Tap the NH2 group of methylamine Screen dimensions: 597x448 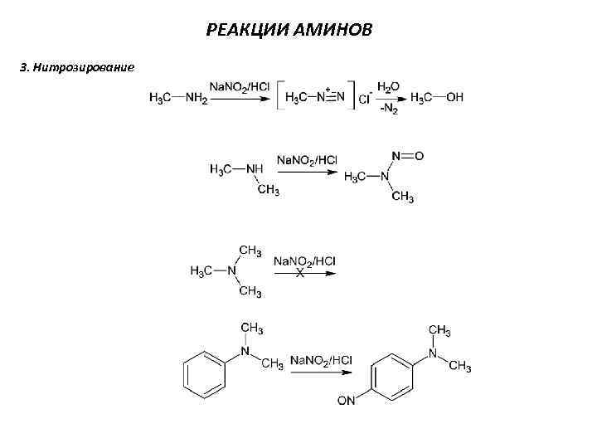[x=197, y=98]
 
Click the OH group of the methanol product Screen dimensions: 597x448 [x=454, y=98]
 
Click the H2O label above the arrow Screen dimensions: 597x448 [x=388, y=86]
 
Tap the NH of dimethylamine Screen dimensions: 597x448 [x=255, y=169]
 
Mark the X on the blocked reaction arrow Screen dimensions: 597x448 [x=300, y=273]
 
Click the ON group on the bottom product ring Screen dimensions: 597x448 [x=346, y=402]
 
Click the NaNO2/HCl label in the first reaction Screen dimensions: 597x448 [x=238, y=86]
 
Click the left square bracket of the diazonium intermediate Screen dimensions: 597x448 [x=279, y=97]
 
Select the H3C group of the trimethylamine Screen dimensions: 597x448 [x=203, y=271]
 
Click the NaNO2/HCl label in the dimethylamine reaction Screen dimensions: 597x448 [x=307, y=159]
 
